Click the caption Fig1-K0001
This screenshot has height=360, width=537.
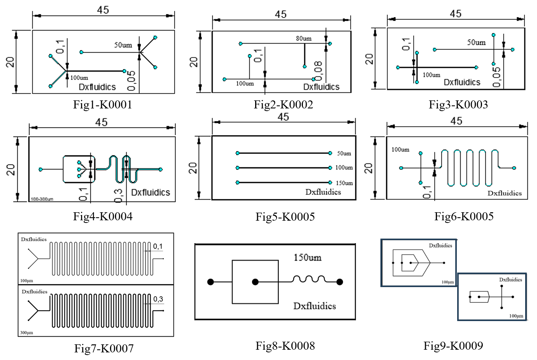coord(102,105)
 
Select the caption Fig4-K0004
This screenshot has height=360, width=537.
coord(103,216)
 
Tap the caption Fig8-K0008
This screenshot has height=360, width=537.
coord(285,346)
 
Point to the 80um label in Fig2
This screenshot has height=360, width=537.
coord(304,38)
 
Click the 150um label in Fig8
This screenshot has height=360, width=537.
coord(307,258)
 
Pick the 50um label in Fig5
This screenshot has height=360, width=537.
coord(344,153)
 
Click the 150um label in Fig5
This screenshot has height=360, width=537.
coord(344,183)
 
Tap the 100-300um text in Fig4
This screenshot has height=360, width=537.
coord(42,199)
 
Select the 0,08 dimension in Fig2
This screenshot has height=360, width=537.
coord(318,71)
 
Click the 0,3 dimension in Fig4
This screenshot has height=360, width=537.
coord(119,195)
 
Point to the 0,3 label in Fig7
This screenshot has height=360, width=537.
coord(158,299)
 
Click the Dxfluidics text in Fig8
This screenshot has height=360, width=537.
coord(314,306)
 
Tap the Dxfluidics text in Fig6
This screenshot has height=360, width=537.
coord(504,193)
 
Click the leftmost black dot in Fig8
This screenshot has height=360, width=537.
coord(210,282)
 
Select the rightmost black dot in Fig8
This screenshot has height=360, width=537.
coord(340,282)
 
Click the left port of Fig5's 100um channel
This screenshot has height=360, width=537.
coord(238,168)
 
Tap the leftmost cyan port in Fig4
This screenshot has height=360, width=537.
coord(41,170)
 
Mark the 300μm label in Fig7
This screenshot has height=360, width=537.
coord(26,333)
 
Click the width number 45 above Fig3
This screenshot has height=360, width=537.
coord(455,14)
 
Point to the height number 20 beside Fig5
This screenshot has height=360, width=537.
coord(193,168)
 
